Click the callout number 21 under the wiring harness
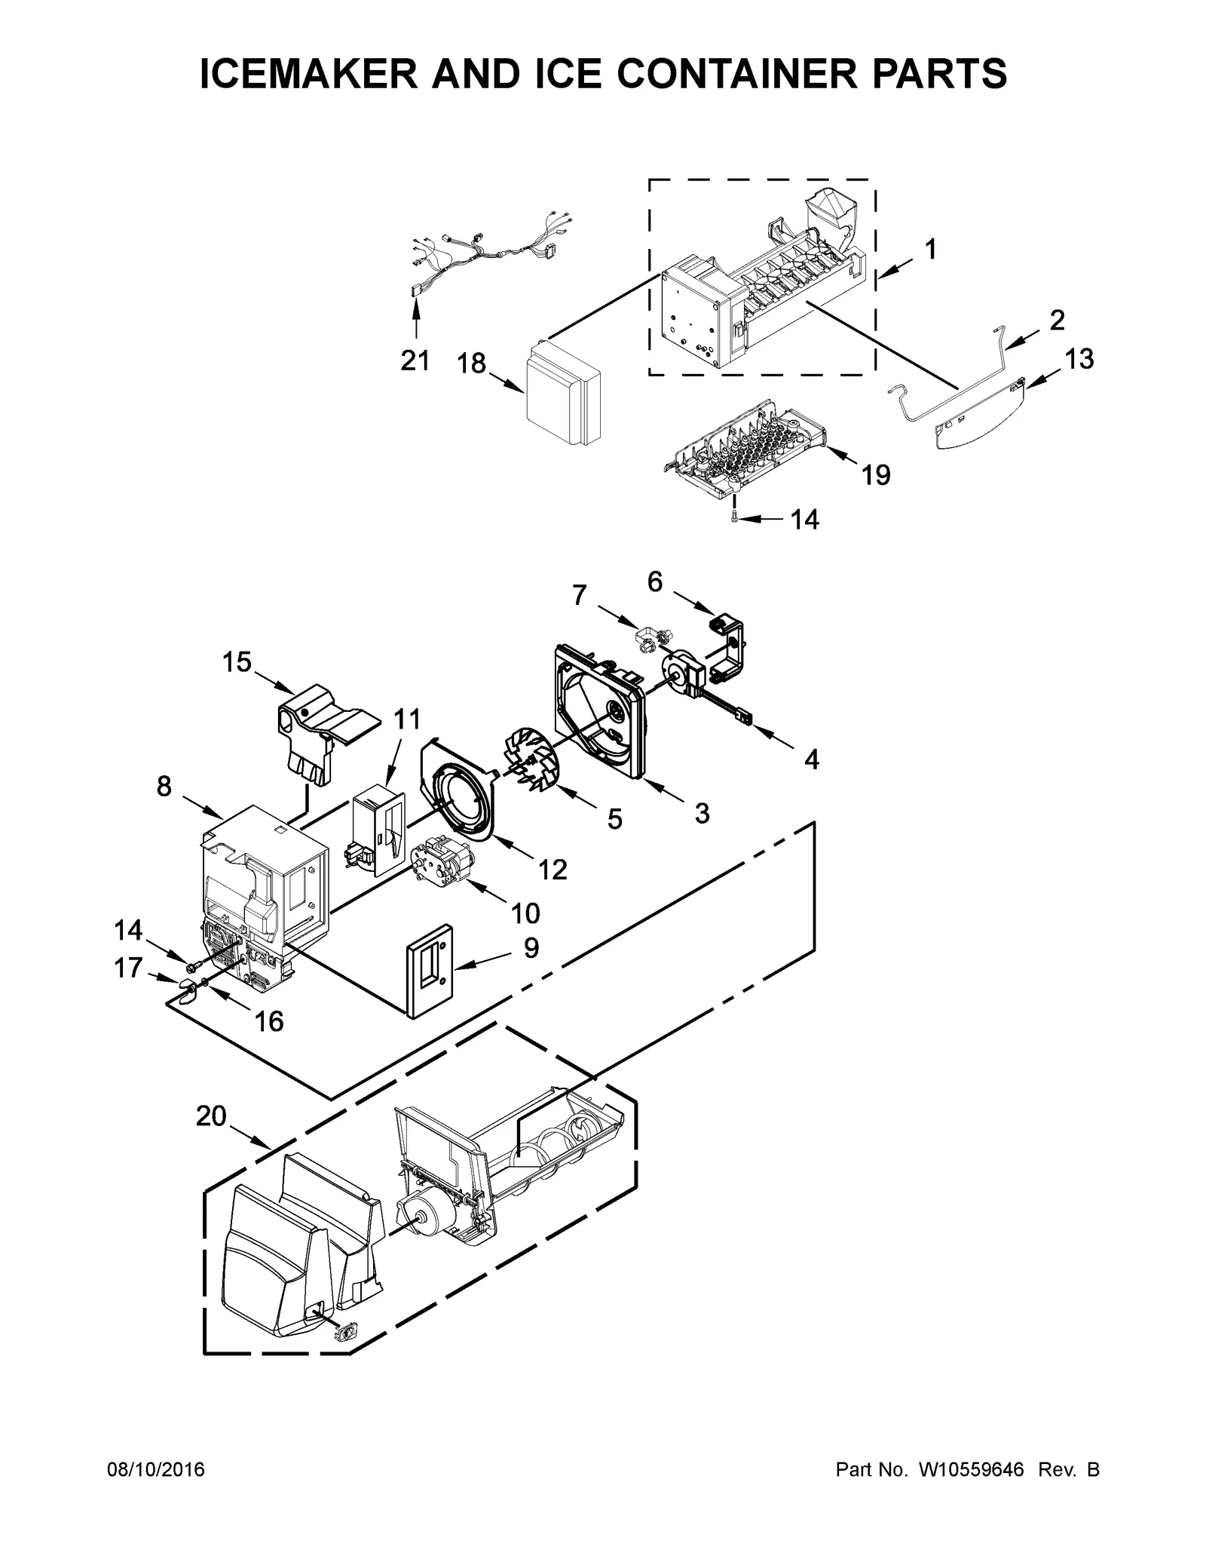[415, 361]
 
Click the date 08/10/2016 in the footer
[155, 1470]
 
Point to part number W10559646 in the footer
[972, 1470]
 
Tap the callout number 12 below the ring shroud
[552, 870]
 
